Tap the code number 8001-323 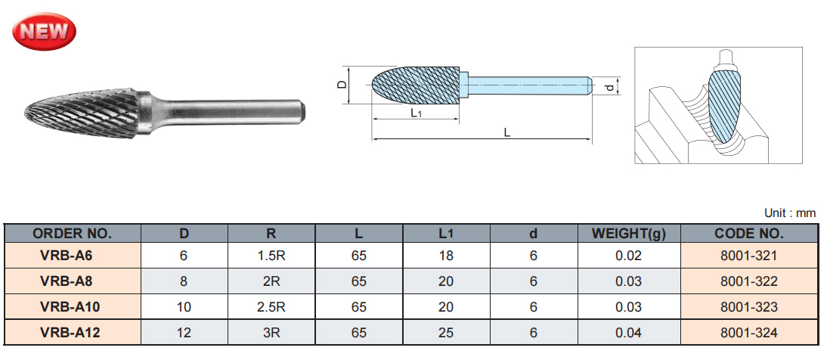[x=748, y=307]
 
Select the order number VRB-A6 [x=73, y=256]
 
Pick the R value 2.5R [x=271, y=307]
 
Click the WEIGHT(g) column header [x=628, y=234]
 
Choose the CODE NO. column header [x=748, y=234]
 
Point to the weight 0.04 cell [x=628, y=333]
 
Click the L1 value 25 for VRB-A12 [x=446, y=333]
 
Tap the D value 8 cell [x=184, y=281]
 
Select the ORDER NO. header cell [x=73, y=234]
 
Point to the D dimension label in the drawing [x=342, y=85]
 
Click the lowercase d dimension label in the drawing [x=609, y=88]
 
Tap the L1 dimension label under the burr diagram [x=415, y=113]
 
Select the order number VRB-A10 [x=73, y=307]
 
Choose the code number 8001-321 [x=748, y=256]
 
